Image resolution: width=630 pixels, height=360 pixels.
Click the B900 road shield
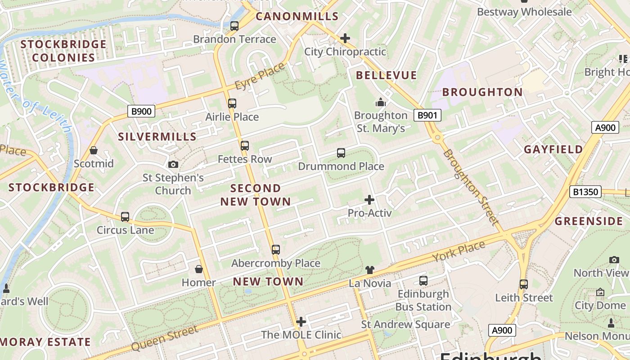[x=141, y=111]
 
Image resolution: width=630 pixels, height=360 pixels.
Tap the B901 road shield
[x=427, y=115]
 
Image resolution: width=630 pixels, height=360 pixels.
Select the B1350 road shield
[x=585, y=192]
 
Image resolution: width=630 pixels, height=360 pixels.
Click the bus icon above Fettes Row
[x=244, y=146]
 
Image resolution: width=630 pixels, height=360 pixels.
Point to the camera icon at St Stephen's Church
[x=173, y=164]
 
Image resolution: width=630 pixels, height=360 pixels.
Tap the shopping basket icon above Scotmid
[x=94, y=150]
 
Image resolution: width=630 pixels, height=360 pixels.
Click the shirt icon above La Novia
[x=369, y=270]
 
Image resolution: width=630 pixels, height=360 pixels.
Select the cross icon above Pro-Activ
[x=369, y=199]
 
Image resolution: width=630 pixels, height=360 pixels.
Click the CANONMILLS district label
[x=297, y=17]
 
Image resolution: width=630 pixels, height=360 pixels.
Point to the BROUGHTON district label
[x=482, y=92]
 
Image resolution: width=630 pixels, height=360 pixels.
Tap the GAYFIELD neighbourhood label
[x=553, y=149]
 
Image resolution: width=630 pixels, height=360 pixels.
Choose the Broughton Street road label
[x=471, y=187]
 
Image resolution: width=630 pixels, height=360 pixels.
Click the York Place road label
[x=459, y=252]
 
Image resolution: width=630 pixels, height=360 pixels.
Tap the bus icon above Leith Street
[x=523, y=284]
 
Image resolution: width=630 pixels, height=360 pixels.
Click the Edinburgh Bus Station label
[x=423, y=300]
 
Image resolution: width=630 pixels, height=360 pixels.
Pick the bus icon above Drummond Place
[x=341, y=153]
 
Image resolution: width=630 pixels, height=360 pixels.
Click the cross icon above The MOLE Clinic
[x=301, y=322]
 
